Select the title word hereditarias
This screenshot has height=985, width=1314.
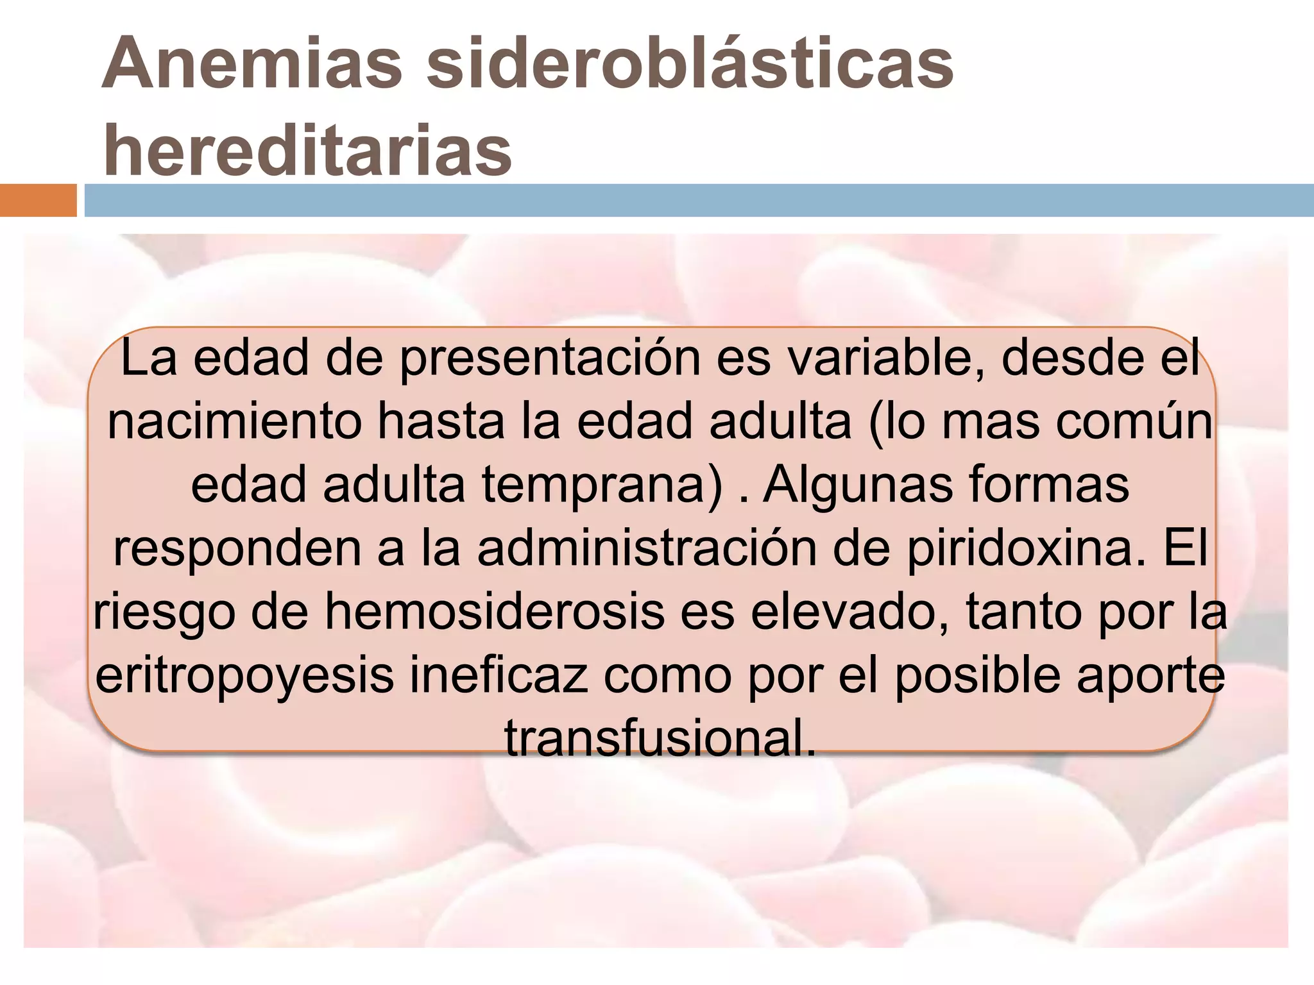coord(307,151)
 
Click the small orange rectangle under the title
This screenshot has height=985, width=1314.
coord(38,201)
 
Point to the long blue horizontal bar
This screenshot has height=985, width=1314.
coord(699,201)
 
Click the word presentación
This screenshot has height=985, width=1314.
coord(550,358)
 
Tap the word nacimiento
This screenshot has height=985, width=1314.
coord(235,421)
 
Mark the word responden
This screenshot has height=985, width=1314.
coord(237,548)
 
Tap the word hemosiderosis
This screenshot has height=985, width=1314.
coord(494,611)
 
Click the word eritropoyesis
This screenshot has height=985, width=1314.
coord(244,675)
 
